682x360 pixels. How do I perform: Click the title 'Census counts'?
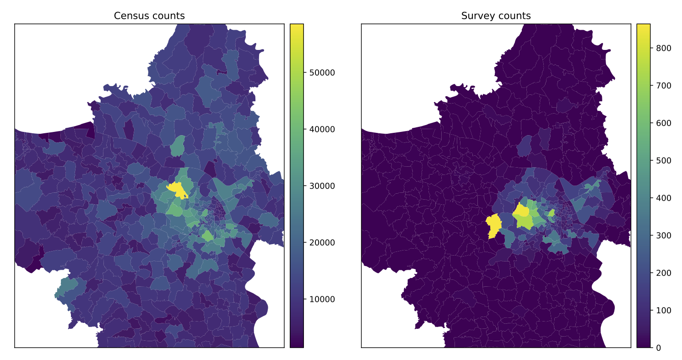[149, 16]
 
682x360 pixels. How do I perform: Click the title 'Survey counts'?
[496, 16]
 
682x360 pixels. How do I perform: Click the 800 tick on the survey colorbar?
[650, 48]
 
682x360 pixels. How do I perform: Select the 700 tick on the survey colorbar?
[650, 86]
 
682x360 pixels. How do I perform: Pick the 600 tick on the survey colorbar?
[650, 123]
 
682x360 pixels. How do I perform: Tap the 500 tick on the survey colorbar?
[650, 161]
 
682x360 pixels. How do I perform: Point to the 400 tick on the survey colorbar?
[650, 198]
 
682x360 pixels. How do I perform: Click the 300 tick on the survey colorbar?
[650, 235]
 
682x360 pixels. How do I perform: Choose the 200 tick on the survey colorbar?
[650, 273]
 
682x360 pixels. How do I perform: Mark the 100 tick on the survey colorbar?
[650, 311]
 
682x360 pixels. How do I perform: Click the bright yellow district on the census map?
[177, 189]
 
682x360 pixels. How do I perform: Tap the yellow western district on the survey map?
[493, 226]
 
